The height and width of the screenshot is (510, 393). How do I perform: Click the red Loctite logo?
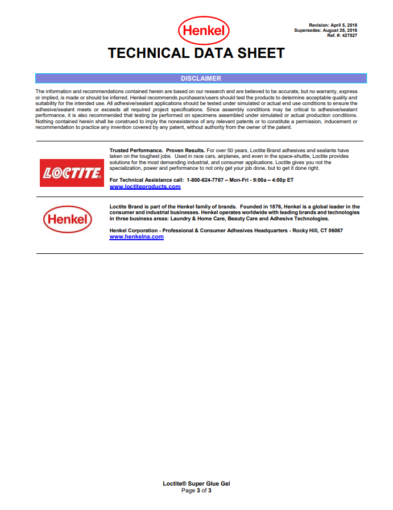(71, 173)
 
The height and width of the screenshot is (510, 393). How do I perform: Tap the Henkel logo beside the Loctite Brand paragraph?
(67, 219)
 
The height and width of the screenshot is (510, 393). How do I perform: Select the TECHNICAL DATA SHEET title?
(196, 53)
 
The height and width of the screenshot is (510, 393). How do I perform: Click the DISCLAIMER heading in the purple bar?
(201, 78)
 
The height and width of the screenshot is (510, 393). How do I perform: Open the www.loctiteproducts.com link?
(144, 186)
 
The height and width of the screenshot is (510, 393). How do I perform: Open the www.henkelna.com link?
(136, 237)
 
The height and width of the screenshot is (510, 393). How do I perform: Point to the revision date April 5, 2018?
(343, 26)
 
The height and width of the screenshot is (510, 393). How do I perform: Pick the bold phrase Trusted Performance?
(136, 150)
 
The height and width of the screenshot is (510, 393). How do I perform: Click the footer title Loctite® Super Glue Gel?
(196, 484)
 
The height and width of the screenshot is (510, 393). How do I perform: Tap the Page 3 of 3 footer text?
(196, 490)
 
